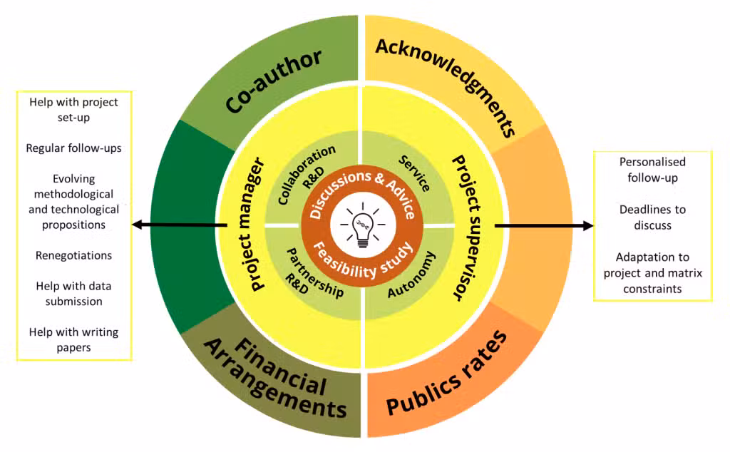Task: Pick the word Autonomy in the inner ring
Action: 411,274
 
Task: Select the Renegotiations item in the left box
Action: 74,255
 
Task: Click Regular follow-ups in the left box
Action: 74,148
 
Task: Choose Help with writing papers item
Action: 74,339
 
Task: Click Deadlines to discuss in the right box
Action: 652,217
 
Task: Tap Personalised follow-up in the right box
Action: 652,170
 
